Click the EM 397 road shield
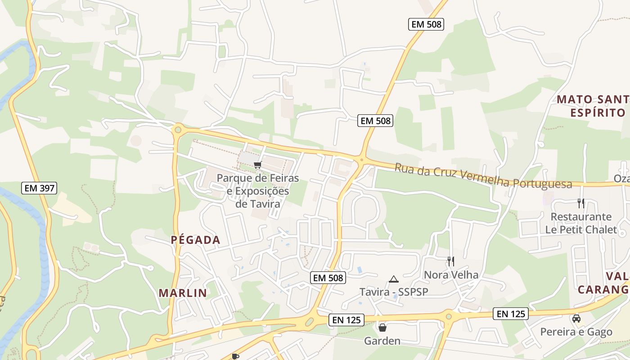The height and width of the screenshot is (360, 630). (39, 188)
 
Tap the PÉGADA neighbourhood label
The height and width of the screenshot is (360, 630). (196, 240)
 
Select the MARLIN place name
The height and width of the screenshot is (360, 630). (183, 293)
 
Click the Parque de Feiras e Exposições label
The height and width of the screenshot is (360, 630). (258, 191)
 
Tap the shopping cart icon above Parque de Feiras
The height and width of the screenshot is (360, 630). (257, 165)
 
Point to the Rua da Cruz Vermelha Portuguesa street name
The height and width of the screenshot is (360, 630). (483, 176)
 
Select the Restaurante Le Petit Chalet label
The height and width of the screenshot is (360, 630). (581, 223)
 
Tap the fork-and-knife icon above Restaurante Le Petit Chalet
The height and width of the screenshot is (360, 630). (581, 203)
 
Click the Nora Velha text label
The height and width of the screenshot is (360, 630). (451, 274)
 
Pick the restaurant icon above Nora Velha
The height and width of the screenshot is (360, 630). (450, 261)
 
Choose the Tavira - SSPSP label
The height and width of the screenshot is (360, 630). (394, 292)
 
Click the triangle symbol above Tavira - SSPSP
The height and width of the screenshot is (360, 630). (394, 279)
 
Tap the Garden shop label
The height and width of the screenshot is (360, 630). (382, 341)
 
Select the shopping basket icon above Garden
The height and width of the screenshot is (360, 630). (382, 327)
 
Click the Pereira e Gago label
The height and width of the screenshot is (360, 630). (576, 332)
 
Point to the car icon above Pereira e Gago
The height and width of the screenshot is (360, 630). (576, 319)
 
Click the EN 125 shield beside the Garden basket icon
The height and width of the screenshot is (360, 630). (346, 320)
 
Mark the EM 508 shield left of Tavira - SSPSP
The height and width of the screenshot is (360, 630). (328, 278)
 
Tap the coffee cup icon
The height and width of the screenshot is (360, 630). (234, 356)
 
